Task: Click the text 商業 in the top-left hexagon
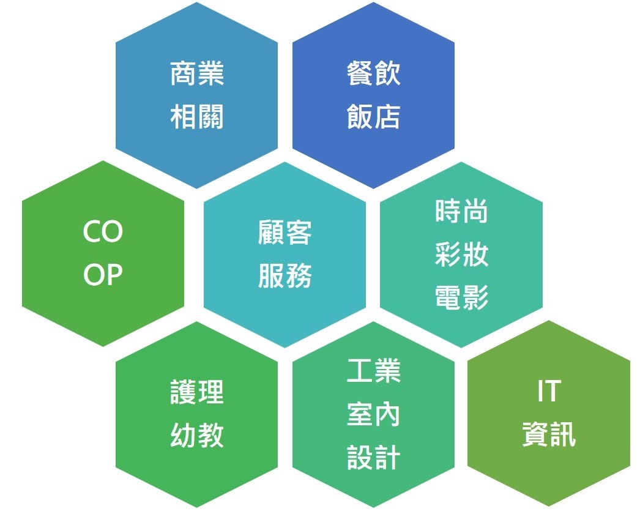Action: (197, 74)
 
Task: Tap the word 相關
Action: (197, 117)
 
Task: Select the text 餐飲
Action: (373, 74)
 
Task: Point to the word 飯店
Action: (373, 117)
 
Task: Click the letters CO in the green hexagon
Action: (103, 231)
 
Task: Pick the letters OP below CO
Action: (103, 274)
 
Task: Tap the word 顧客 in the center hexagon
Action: (285, 233)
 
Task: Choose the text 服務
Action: (285, 275)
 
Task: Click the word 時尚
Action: (461, 212)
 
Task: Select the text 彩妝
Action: (461, 254)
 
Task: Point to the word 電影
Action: (461, 297)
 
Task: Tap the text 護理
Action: (197, 392)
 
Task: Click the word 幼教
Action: (197, 435)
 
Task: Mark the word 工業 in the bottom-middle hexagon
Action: (373, 371)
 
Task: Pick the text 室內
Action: (373, 414)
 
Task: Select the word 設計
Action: (373, 457)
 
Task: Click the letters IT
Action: (549, 391)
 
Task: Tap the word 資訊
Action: (549, 434)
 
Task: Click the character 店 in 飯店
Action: (387, 117)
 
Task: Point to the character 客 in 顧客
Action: (299, 233)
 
